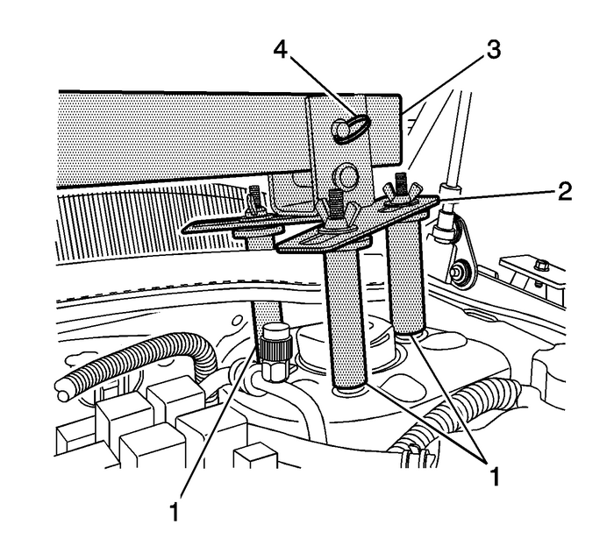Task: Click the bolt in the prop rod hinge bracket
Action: (x=459, y=278)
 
